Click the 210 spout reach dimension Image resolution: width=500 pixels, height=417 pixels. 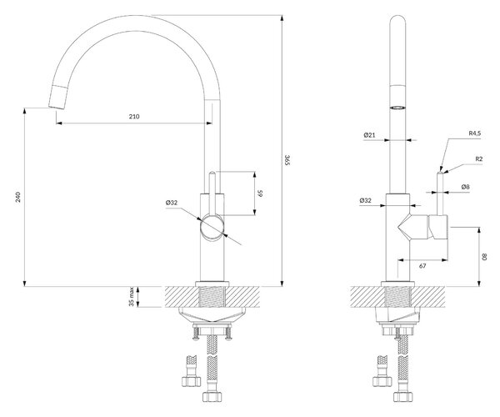(x=134, y=117)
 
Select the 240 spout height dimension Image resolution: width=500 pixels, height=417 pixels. (x=18, y=197)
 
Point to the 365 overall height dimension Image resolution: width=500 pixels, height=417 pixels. (x=287, y=159)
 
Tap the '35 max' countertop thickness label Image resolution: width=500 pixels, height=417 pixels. (x=131, y=297)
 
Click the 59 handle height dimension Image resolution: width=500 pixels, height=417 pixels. (x=260, y=193)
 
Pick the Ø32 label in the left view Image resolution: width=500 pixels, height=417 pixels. (x=172, y=203)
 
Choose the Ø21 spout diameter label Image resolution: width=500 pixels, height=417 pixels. (x=369, y=135)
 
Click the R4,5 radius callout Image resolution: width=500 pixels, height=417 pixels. (x=474, y=133)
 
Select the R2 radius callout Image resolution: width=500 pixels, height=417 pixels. (x=478, y=159)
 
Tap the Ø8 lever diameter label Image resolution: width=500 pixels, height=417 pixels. (x=465, y=187)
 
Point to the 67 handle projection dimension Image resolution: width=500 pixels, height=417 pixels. (x=422, y=266)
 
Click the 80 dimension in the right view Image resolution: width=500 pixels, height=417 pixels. (x=485, y=257)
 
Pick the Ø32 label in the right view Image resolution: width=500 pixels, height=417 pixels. (x=366, y=200)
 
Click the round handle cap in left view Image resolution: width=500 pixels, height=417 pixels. (x=212, y=228)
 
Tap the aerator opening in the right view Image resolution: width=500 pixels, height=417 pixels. (x=398, y=108)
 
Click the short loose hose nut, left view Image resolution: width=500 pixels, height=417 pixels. (x=190, y=382)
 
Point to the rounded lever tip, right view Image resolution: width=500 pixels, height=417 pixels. (x=440, y=173)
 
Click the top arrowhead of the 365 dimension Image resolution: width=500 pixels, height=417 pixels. (x=282, y=18)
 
